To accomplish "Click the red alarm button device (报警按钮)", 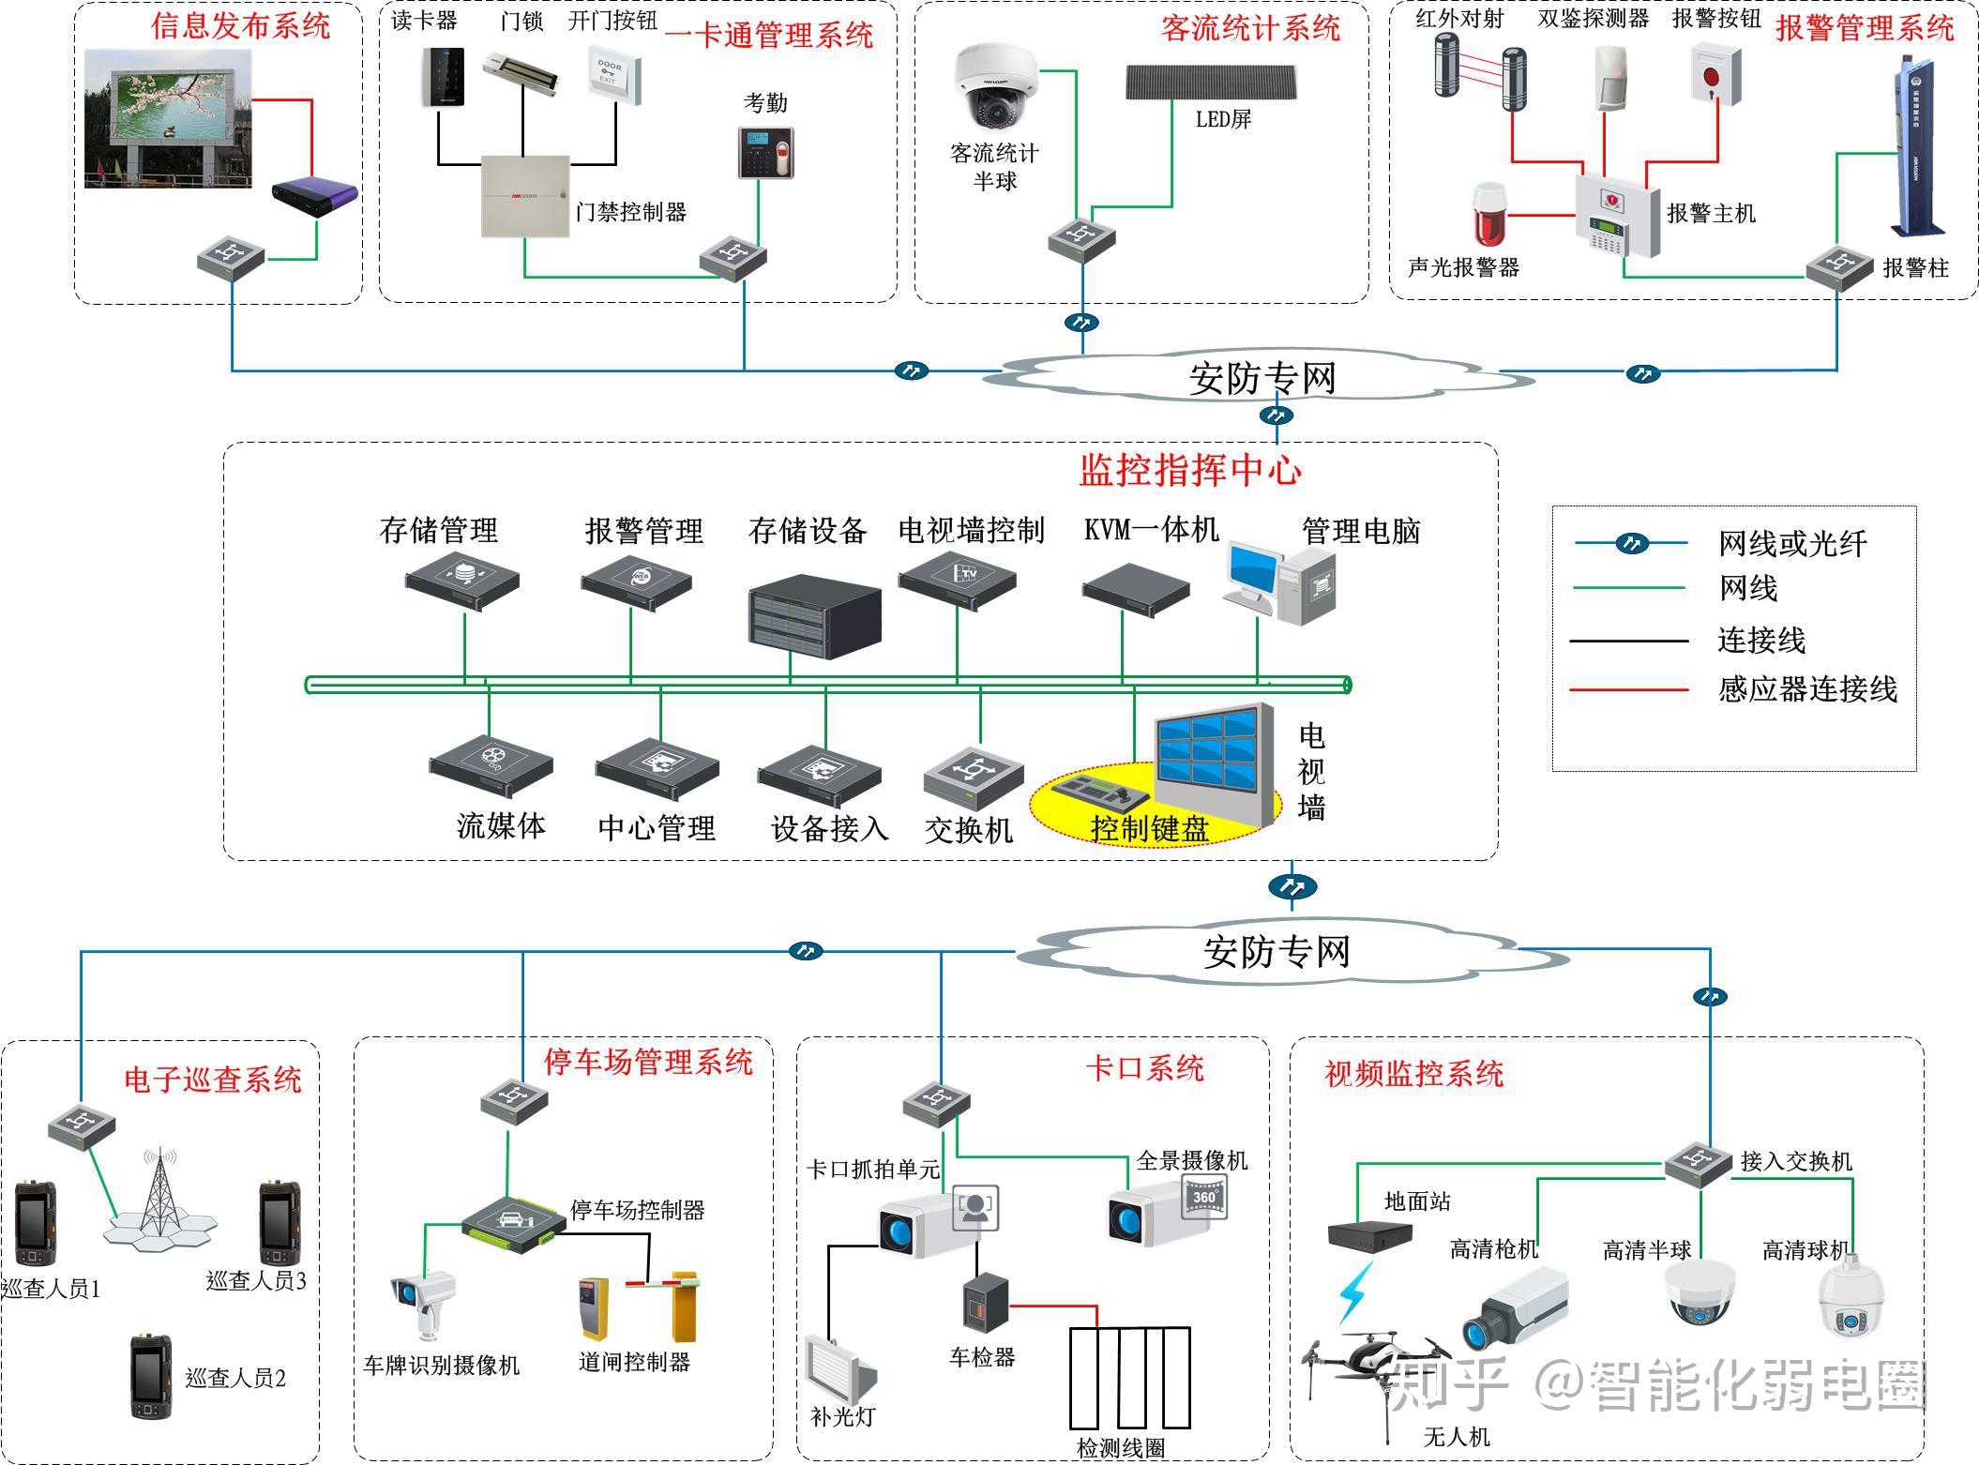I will click(1715, 75).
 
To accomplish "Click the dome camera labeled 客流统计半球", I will click(996, 88).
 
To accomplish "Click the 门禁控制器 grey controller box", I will click(525, 195).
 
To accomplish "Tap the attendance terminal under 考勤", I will click(765, 152).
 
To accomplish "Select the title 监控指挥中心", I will click(1189, 470).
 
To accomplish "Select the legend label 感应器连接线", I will click(1806, 689).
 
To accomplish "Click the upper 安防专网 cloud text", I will click(1261, 378).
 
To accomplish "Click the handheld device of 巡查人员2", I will click(150, 1376).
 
